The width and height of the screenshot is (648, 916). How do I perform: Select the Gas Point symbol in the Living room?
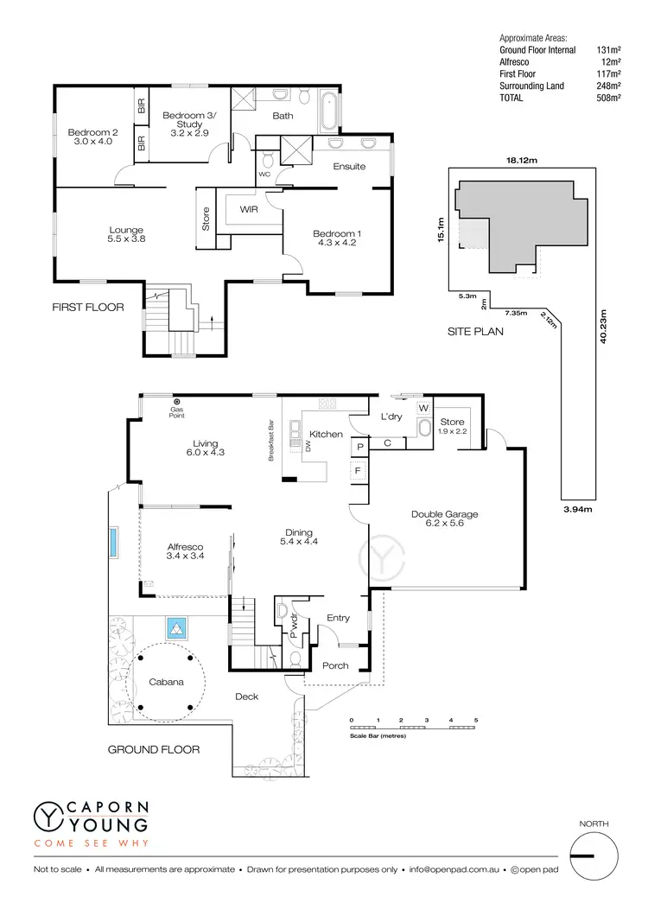pos(176,403)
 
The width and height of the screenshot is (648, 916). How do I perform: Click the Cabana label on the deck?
pos(167,682)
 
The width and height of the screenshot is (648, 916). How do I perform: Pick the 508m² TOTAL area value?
pos(609,99)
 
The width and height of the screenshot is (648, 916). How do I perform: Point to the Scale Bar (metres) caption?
pos(378,736)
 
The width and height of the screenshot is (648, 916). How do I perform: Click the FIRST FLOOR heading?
pos(88,307)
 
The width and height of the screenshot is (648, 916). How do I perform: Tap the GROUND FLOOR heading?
pos(154,749)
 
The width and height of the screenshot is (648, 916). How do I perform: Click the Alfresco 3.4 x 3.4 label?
pos(185,552)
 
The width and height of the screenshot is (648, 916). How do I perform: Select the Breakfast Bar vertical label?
pos(271,441)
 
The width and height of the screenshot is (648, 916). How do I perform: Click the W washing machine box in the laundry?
pos(423,408)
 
